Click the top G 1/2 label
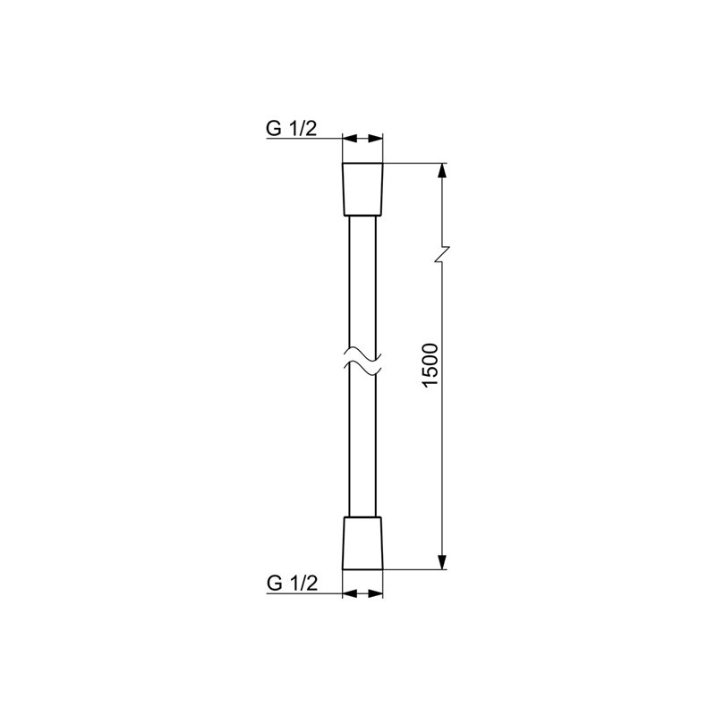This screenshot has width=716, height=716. (x=292, y=129)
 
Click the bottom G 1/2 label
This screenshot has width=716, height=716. (x=293, y=584)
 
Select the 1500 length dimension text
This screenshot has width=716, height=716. (x=430, y=365)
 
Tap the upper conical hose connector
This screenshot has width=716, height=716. (x=362, y=189)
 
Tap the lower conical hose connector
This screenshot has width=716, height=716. (x=362, y=543)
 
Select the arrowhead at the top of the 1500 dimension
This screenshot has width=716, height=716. (x=441, y=171)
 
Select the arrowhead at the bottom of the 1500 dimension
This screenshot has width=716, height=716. (x=441, y=562)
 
